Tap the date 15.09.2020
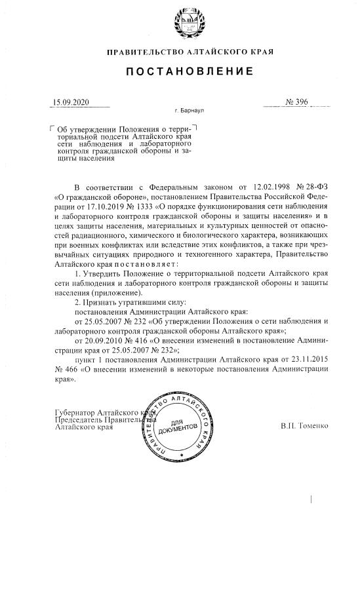(x=70, y=103)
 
